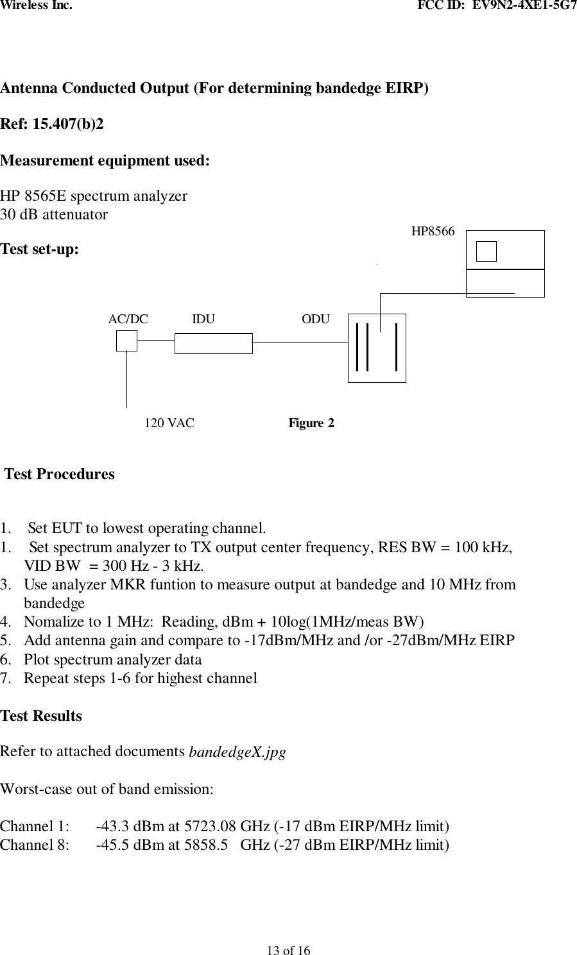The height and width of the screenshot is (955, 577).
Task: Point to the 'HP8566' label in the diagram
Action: (433, 232)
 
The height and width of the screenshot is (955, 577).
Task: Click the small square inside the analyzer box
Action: (487, 251)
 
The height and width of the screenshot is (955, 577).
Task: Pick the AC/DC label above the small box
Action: (128, 319)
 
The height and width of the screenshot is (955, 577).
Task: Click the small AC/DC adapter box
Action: (126, 341)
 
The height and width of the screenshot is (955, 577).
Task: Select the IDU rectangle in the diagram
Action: (213, 343)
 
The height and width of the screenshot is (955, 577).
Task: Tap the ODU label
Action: (316, 319)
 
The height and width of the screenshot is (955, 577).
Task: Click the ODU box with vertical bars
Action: (377, 348)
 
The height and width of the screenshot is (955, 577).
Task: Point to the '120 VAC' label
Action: (169, 423)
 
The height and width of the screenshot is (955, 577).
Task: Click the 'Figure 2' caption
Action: (311, 423)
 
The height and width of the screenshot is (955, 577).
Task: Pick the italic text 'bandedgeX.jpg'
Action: (237, 752)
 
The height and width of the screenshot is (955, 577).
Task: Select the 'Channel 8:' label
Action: (35, 845)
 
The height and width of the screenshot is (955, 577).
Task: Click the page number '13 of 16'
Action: (288, 950)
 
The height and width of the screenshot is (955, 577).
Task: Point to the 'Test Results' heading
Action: (41, 716)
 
